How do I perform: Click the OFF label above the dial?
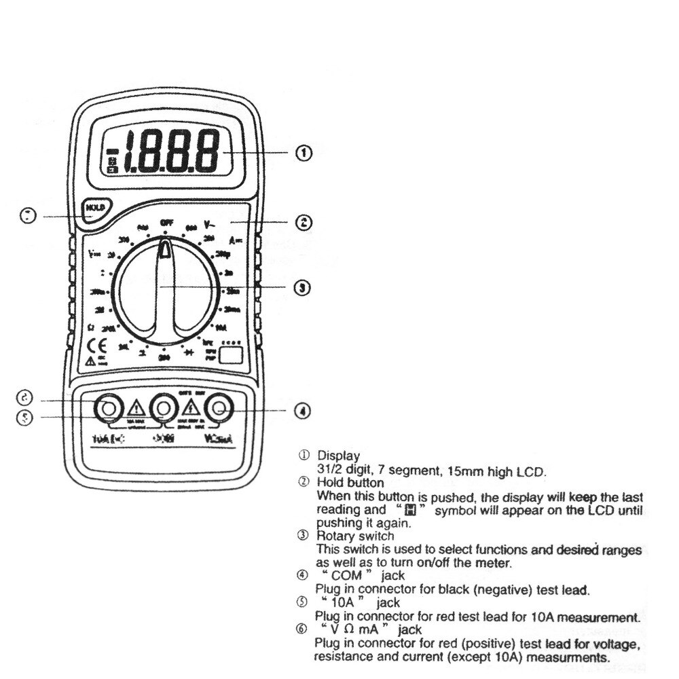(x=166, y=222)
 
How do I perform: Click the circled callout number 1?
(x=303, y=153)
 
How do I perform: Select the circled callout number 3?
(x=303, y=287)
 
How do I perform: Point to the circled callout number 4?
(x=303, y=410)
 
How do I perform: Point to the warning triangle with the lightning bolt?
(x=191, y=409)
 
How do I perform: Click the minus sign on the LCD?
(x=113, y=151)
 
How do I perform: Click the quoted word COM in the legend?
(x=345, y=576)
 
